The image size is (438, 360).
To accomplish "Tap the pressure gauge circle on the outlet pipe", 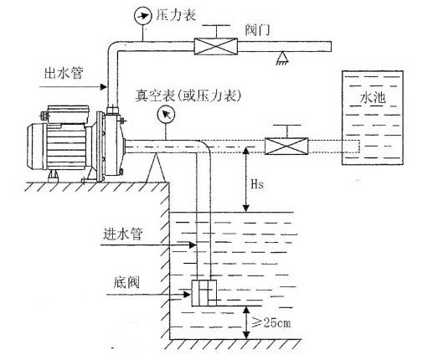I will (138, 15).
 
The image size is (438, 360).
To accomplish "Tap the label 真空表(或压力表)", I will (189, 96).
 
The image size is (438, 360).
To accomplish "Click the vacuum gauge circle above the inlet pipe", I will (167, 116).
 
